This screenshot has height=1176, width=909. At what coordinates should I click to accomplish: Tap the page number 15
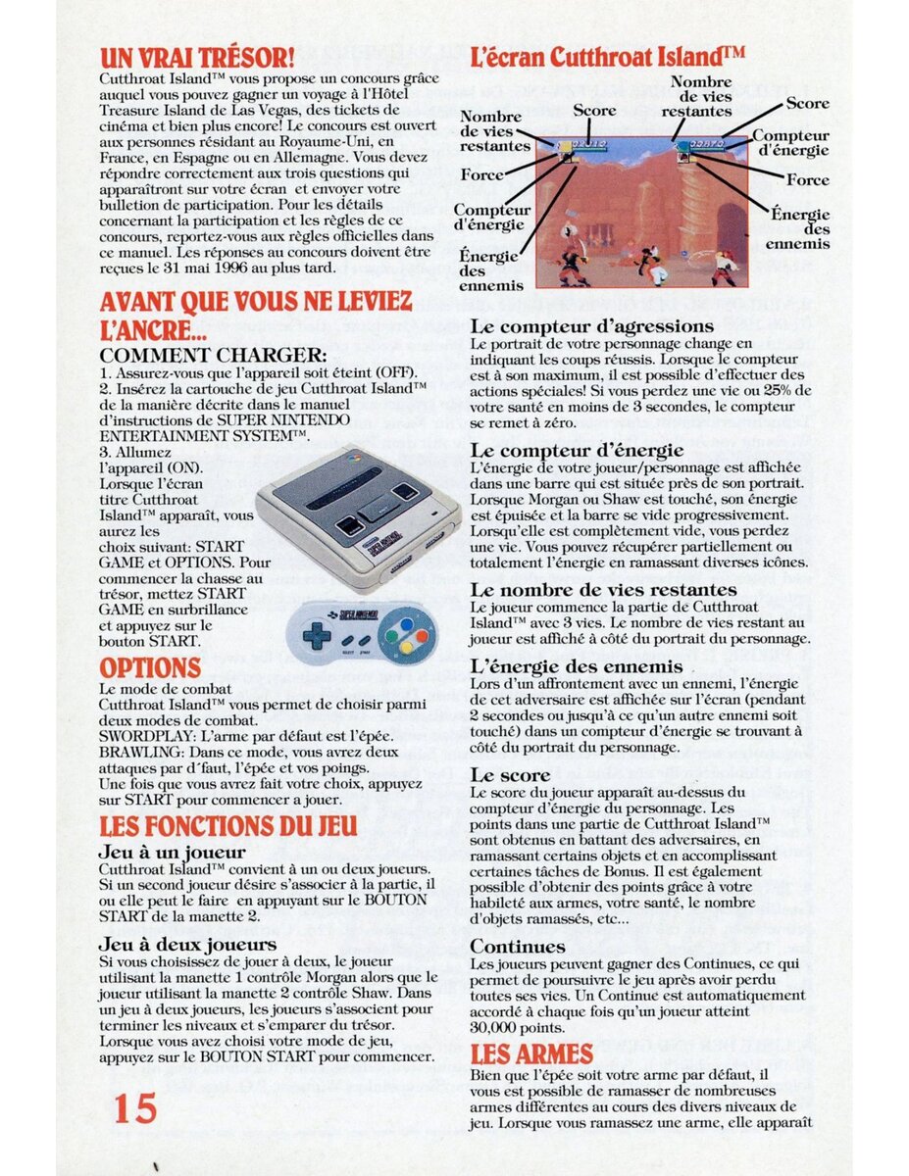(135, 1108)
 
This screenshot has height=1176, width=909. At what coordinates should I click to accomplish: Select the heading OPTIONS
(150, 668)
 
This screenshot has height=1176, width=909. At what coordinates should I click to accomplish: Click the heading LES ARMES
(531, 1054)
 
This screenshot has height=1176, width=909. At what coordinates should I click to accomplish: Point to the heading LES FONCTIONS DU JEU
(228, 825)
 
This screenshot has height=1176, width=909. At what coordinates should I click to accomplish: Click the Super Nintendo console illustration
(358, 516)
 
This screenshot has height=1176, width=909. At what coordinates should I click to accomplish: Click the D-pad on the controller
(316, 634)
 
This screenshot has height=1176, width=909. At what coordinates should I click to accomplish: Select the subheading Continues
(517, 947)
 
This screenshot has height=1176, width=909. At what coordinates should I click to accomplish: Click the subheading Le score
(510, 774)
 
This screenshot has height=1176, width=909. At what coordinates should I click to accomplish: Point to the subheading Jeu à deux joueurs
(187, 944)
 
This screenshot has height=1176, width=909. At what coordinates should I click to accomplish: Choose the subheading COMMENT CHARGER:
(214, 355)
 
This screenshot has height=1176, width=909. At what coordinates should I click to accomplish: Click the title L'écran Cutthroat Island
(606, 55)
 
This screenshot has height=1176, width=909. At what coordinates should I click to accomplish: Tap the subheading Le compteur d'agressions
(591, 325)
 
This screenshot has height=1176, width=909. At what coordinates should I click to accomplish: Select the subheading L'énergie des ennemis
(576, 666)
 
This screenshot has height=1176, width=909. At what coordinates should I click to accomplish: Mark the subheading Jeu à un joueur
(172, 852)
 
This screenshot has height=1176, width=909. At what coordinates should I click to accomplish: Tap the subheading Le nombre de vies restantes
(603, 590)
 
